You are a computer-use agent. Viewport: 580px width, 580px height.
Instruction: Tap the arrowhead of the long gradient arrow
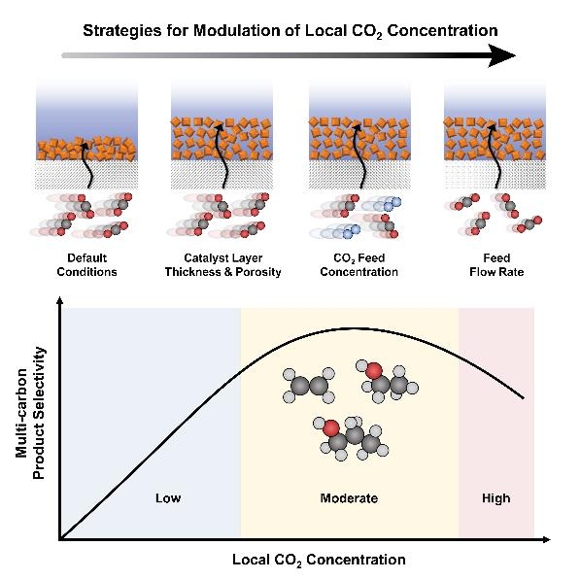point(501,55)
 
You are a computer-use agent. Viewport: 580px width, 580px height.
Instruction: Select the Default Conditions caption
point(86,265)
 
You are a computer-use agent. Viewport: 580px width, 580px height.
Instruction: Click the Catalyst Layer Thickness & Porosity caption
point(223,265)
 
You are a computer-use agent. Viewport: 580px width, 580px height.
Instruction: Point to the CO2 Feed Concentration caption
point(359,265)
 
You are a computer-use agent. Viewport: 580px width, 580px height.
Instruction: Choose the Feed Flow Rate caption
point(496,265)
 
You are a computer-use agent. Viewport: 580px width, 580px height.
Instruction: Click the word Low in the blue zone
point(168,498)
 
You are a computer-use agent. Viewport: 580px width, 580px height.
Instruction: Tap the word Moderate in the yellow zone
point(349,498)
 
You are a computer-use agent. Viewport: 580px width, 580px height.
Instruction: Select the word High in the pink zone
point(496,498)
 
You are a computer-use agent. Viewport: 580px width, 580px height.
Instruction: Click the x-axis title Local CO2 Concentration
point(319,560)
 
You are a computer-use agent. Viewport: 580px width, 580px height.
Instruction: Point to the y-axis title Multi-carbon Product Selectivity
point(30,413)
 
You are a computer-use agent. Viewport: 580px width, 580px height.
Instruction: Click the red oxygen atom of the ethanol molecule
point(374,370)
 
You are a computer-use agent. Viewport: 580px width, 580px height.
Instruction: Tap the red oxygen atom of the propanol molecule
point(331,427)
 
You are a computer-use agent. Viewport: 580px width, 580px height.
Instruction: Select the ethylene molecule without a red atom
point(309,386)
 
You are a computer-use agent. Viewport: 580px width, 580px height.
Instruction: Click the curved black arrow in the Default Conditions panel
point(86,165)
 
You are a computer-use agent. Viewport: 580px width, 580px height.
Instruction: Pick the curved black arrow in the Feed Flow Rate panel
point(495,155)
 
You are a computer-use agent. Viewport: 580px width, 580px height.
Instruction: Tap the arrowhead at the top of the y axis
point(59,301)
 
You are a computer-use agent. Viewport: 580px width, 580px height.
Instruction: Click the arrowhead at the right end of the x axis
point(546,539)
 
